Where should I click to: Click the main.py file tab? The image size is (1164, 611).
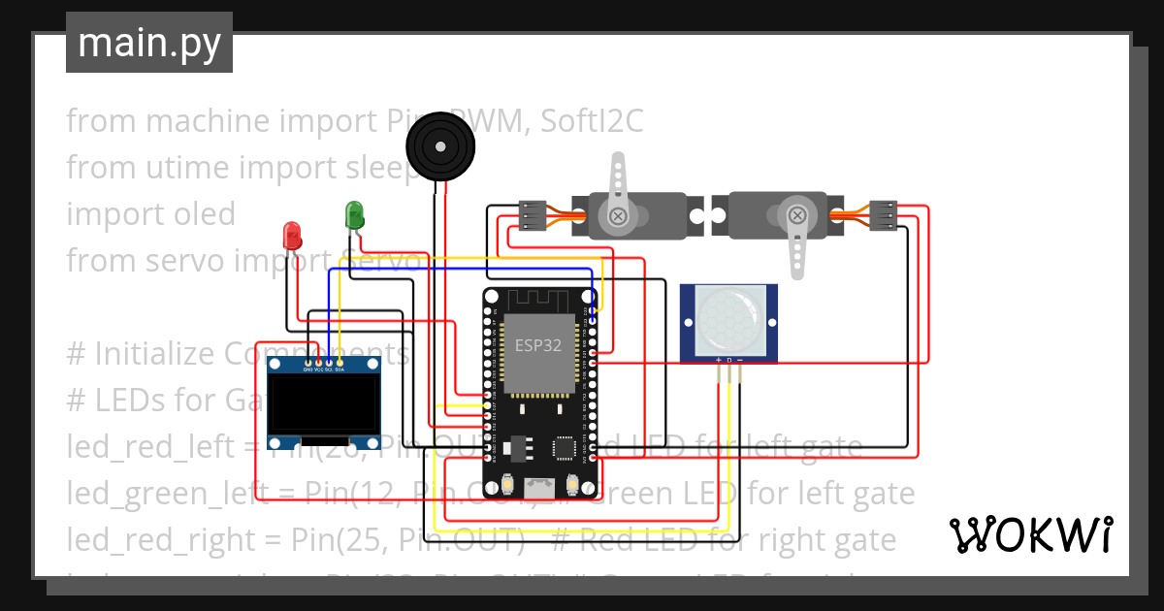(x=148, y=43)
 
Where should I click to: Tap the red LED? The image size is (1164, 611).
(x=291, y=235)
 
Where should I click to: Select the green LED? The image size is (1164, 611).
(x=355, y=214)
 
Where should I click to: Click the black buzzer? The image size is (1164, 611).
(x=439, y=145)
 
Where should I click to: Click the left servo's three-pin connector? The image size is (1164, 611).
(x=532, y=215)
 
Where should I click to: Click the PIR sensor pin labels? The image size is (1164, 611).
(x=728, y=360)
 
